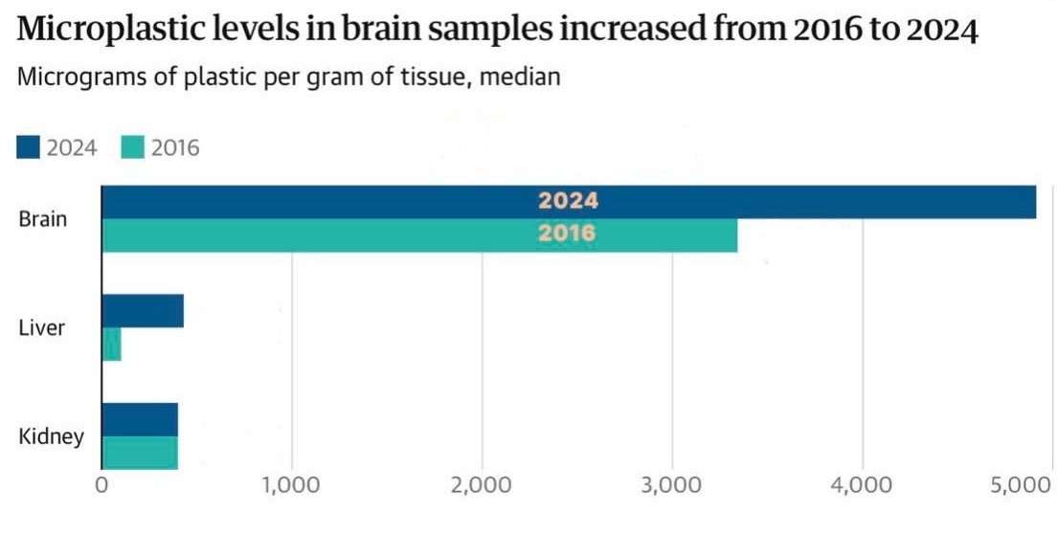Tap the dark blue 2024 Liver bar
point(143,311)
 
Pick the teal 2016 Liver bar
point(111,345)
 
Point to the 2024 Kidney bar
point(140,419)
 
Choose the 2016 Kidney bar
point(140,453)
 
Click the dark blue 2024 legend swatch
point(29,147)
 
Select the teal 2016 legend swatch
point(132,147)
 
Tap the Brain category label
point(43,219)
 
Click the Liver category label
point(42,327)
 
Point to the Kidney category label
point(51,436)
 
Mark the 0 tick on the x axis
point(101,486)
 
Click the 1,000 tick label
point(290,486)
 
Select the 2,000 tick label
point(481,486)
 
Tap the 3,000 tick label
point(672,486)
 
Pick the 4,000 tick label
point(862,486)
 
